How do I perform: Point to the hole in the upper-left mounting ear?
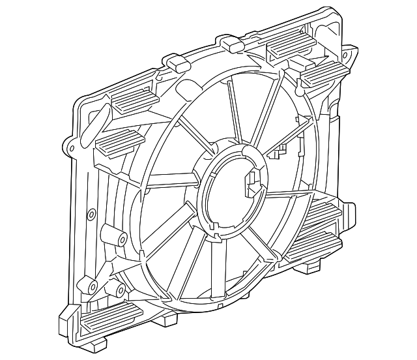coord(69,147)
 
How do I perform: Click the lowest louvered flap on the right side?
coord(313,250)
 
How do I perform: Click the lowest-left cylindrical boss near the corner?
coord(89,285)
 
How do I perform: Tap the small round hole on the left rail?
coord(91,213)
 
